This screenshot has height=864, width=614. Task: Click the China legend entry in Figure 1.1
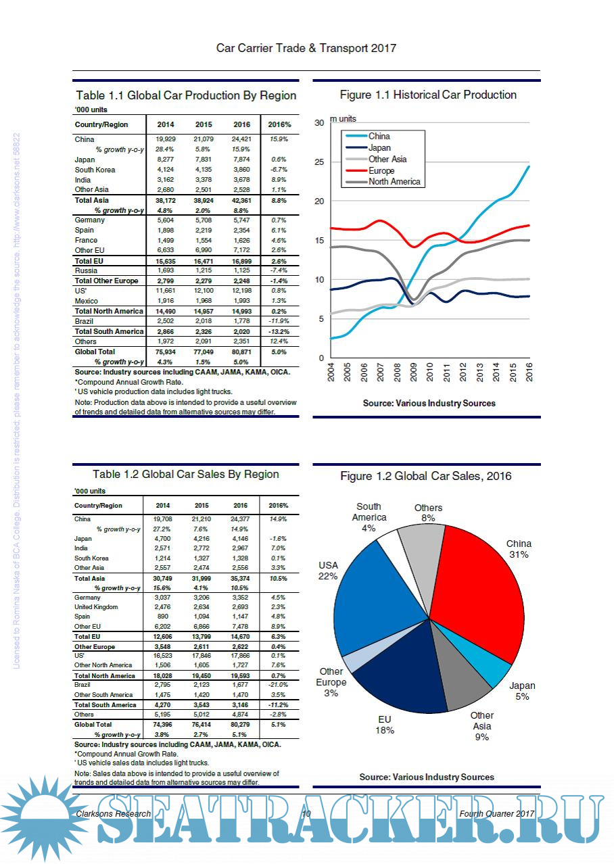click(379, 136)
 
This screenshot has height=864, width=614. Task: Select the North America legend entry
click(394, 181)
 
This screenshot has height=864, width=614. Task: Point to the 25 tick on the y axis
click(321, 162)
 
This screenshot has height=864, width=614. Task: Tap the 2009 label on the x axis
click(414, 373)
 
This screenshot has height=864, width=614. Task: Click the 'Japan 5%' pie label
click(521, 691)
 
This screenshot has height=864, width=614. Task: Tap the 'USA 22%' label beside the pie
click(329, 571)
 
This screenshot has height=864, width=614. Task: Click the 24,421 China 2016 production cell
click(241, 139)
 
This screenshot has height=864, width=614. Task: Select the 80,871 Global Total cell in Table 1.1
click(241, 352)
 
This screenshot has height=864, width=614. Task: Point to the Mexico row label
click(86, 301)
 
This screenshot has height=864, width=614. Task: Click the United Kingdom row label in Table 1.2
click(96, 607)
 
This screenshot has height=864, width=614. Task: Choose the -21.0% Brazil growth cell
click(278, 685)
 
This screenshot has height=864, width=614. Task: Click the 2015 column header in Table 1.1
click(204, 125)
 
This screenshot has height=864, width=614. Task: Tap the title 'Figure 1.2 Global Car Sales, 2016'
click(426, 477)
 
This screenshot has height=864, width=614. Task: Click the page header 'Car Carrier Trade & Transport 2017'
click(306, 48)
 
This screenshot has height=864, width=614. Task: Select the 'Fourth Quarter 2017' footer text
click(497, 813)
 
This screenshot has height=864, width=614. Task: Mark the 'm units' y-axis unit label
click(343, 119)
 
